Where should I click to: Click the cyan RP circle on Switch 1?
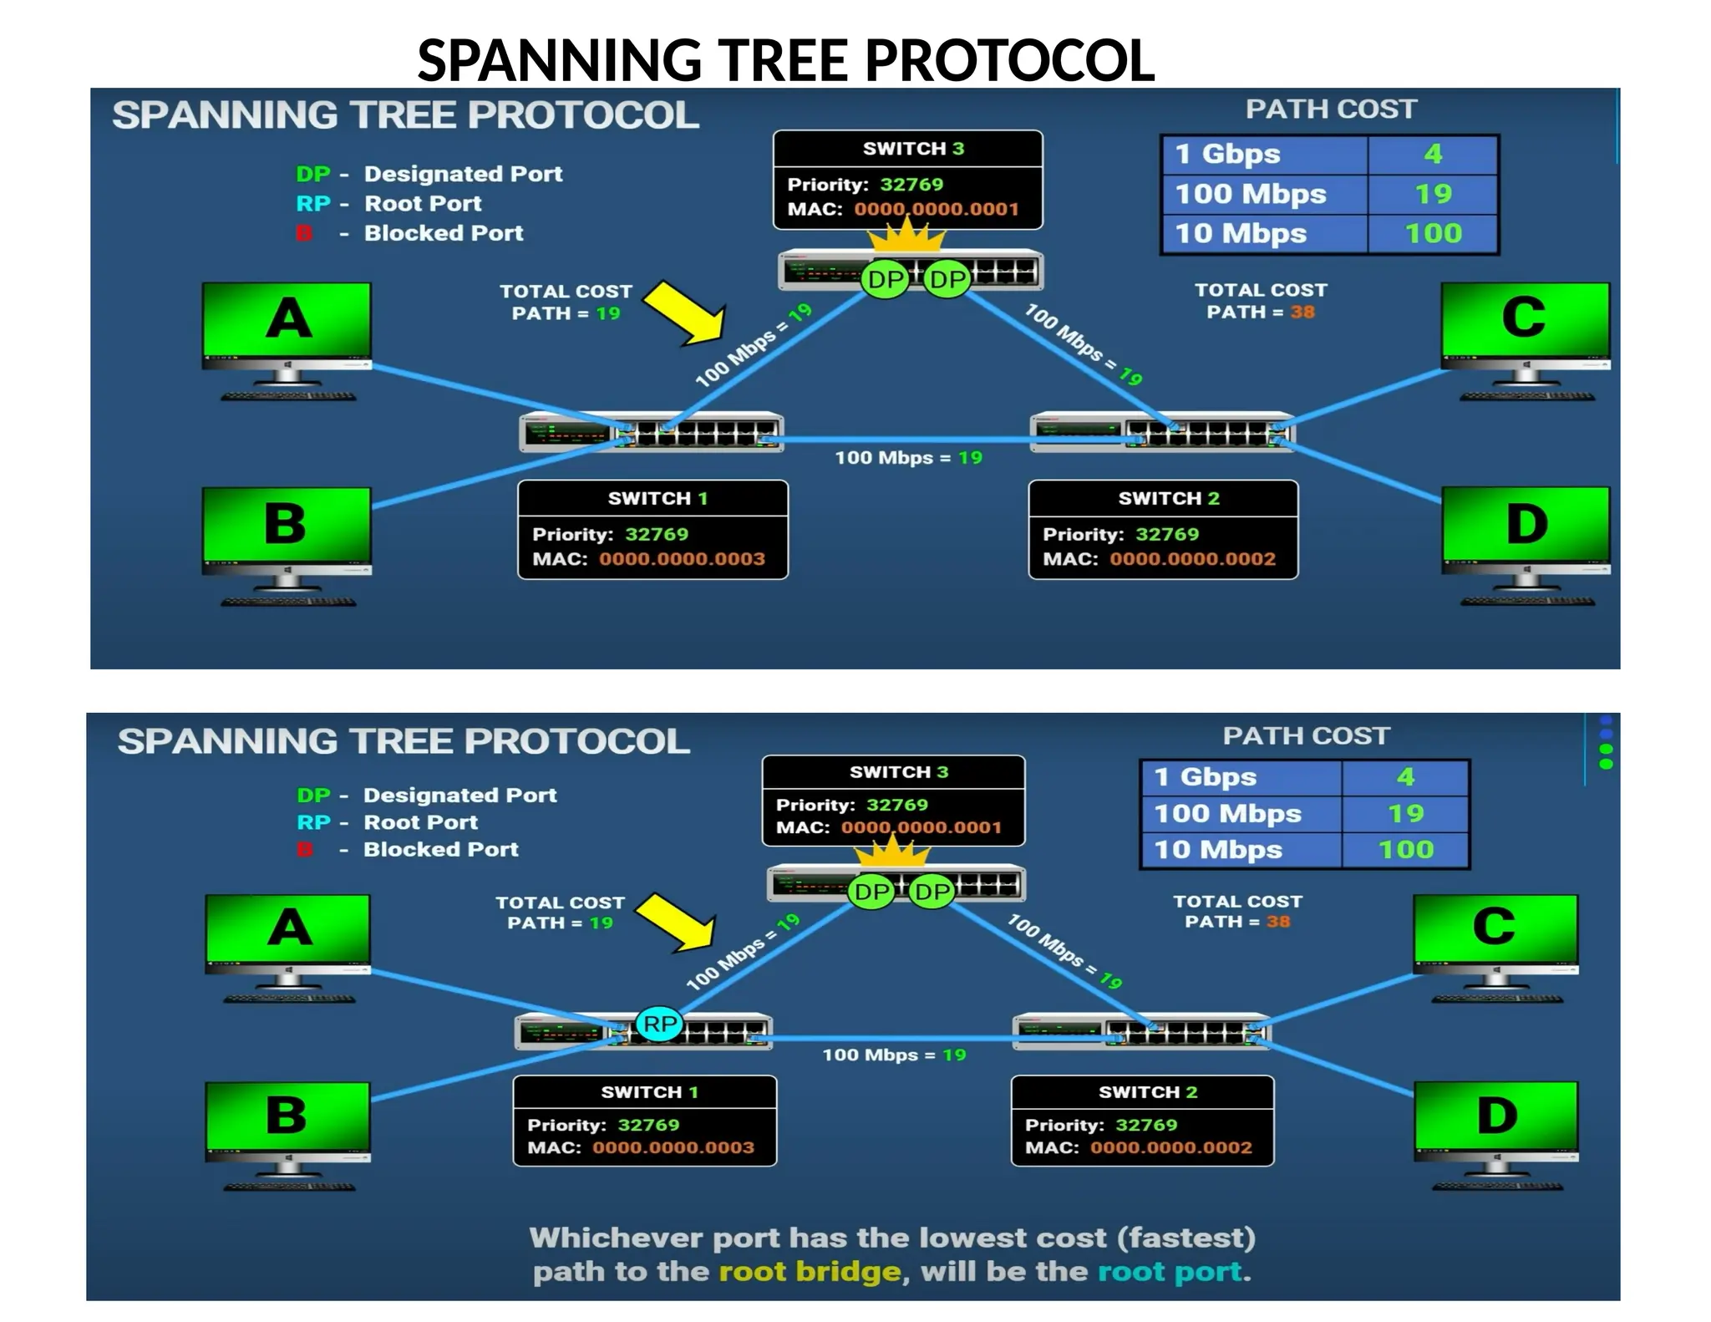click(x=659, y=1025)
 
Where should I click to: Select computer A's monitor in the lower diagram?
click(x=288, y=928)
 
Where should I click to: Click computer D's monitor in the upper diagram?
click(x=1526, y=525)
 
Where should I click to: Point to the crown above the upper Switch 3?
click(x=906, y=237)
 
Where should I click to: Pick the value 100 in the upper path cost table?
click(x=1433, y=233)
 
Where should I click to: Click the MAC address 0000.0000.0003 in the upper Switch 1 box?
click(x=682, y=559)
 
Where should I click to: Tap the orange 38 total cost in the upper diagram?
click(x=1302, y=313)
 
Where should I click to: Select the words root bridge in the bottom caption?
click(x=810, y=1271)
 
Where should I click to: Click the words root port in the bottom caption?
click(x=1170, y=1271)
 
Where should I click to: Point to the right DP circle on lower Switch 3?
click(x=932, y=892)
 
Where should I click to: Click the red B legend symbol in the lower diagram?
click(x=305, y=850)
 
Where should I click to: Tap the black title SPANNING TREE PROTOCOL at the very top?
click(x=785, y=60)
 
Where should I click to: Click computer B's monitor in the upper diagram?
click(x=287, y=525)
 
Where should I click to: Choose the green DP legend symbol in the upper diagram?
click(x=313, y=174)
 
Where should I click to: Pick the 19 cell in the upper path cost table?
click(x=1433, y=194)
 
